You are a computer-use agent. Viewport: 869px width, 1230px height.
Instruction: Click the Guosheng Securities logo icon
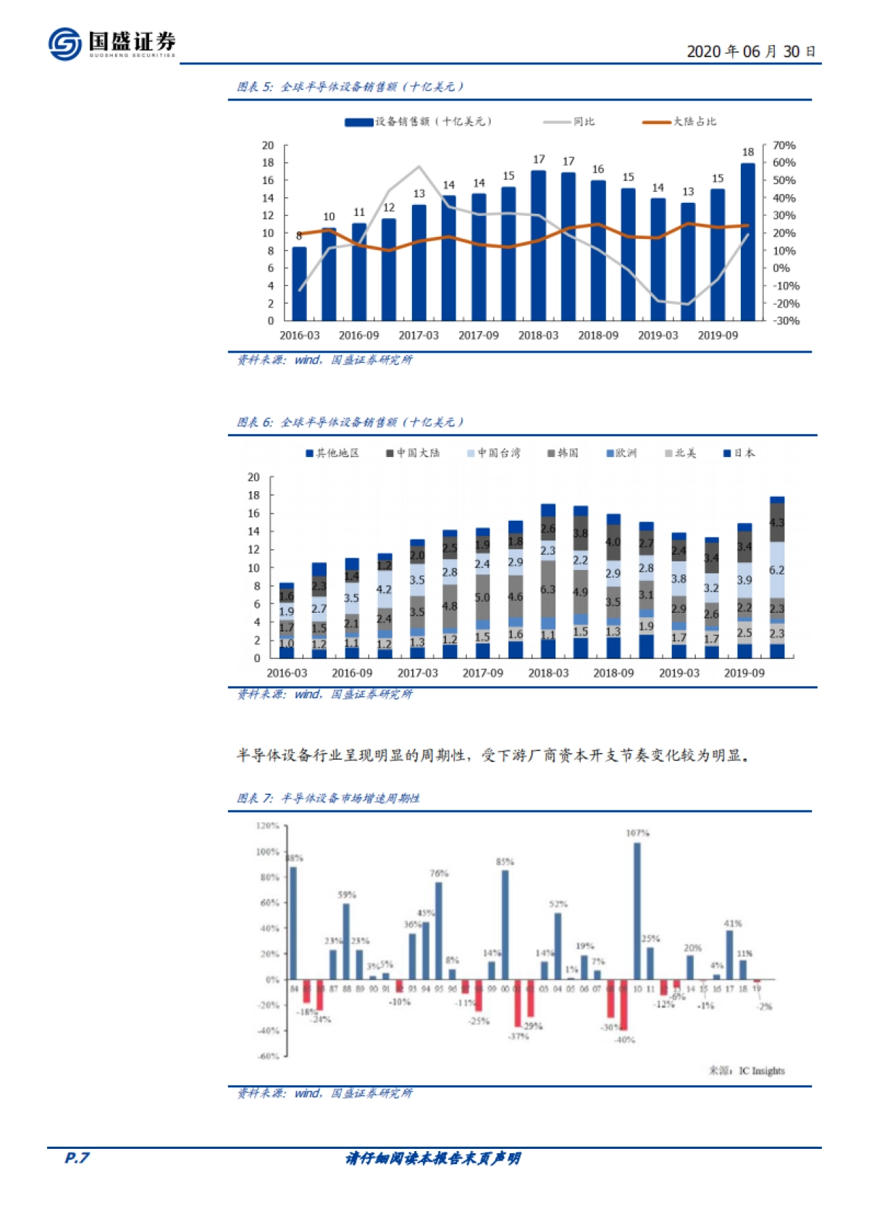click(x=65, y=44)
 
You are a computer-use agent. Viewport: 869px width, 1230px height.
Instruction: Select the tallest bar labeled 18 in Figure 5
click(x=747, y=241)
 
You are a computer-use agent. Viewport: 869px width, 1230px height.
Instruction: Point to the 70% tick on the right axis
click(x=784, y=146)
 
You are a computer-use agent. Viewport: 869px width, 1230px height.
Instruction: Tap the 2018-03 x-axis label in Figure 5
click(x=538, y=335)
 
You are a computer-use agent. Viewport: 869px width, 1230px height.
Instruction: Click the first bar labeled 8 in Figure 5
click(x=299, y=283)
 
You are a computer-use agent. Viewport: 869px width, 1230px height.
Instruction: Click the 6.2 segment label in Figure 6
click(x=776, y=570)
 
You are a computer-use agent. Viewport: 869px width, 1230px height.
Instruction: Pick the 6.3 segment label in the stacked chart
click(x=547, y=590)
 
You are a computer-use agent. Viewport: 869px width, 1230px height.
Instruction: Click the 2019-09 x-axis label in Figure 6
click(x=744, y=673)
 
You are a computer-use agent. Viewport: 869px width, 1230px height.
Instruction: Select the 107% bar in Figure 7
click(x=637, y=911)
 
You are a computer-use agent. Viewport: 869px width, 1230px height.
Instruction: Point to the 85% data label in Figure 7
click(x=505, y=862)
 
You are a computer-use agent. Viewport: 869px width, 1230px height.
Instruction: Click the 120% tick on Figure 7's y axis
click(x=268, y=826)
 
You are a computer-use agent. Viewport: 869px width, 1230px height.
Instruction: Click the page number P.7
click(x=77, y=1158)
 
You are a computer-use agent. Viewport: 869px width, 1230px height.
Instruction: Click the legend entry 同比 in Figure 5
click(x=584, y=122)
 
